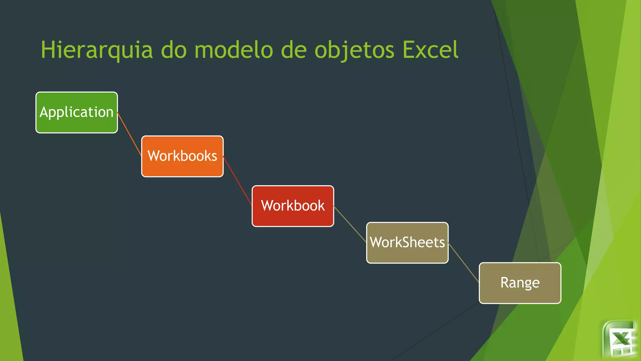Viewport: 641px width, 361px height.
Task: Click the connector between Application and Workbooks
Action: (129, 134)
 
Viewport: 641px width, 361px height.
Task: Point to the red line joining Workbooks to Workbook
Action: (238, 181)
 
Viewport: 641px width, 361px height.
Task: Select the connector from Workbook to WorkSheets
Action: (350, 224)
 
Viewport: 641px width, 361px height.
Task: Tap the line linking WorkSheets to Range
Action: (464, 263)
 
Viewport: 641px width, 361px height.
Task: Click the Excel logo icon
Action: (620, 339)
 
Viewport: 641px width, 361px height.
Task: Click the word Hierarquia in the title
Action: (97, 50)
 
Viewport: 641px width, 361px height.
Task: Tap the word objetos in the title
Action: (354, 50)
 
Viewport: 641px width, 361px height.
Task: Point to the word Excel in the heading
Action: (430, 50)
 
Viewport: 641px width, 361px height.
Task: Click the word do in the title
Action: (174, 50)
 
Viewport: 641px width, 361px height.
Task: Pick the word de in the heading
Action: (294, 50)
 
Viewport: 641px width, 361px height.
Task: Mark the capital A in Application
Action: (44, 112)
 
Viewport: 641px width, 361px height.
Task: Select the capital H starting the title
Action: (48, 50)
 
